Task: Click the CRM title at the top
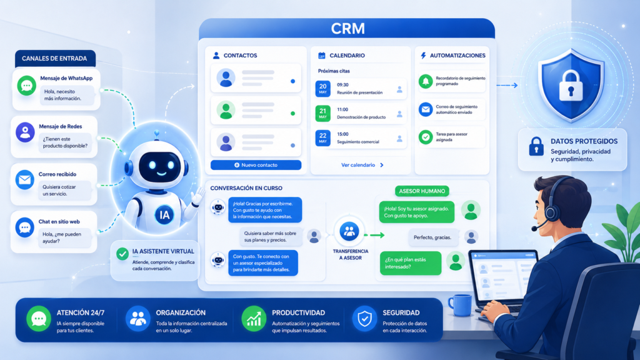tap(347, 29)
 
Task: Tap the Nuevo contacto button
tap(256, 165)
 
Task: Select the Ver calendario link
tap(362, 165)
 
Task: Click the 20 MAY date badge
tap(323, 89)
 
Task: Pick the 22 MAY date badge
tap(323, 137)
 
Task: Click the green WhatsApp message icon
tap(27, 86)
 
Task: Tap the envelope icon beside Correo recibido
tap(25, 180)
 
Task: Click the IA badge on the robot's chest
tap(164, 215)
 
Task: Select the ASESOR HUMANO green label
tap(422, 191)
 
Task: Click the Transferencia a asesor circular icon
tap(349, 231)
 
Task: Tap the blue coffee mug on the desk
tap(461, 305)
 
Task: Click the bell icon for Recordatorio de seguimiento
tap(426, 81)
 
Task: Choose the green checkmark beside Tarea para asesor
tap(426, 137)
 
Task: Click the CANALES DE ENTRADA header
tap(55, 58)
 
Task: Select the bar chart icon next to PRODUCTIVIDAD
tap(254, 319)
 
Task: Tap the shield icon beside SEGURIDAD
tap(364, 319)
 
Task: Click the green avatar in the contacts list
tap(226, 110)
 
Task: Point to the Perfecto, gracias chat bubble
tap(432, 237)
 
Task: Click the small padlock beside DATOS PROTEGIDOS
tap(536, 146)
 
